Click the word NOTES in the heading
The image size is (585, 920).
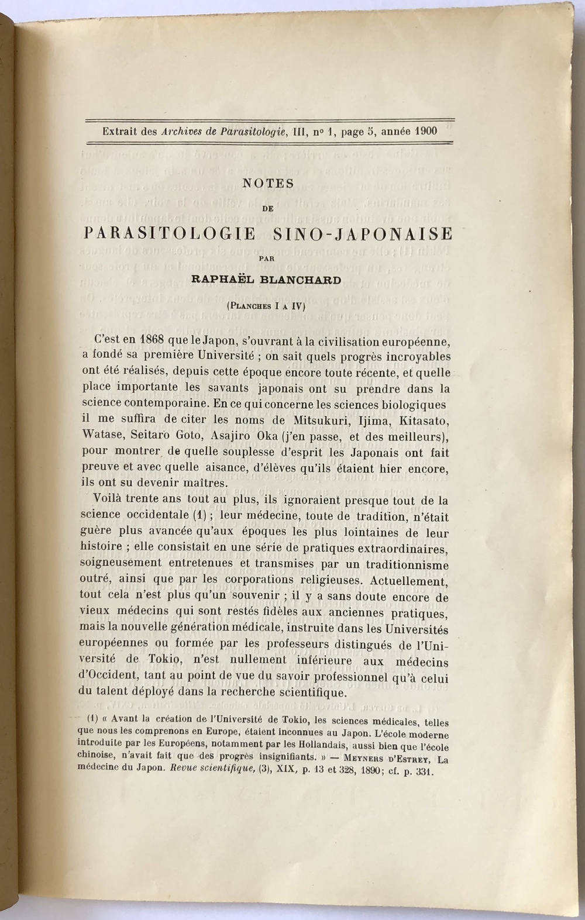pos(268,183)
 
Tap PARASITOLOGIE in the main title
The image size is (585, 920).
pos(170,234)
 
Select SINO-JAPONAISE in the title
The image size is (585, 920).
pos(363,234)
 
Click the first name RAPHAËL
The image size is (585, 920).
pos(222,280)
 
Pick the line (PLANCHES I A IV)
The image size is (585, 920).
pos(267,305)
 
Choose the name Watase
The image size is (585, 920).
pos(99,436)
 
